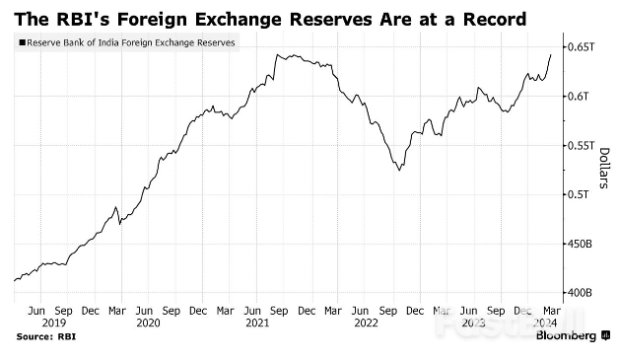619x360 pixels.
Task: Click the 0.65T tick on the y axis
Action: (577, 46)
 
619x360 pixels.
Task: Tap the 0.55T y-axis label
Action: (577, 145)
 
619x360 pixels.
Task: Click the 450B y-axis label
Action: (578, 244)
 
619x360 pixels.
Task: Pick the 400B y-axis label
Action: (578, 293)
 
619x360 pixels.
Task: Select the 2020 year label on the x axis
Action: (148, 323)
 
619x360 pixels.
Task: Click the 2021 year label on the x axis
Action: (258, 323)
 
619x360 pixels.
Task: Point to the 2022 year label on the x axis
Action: (368, 323)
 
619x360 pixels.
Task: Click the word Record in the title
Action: (481, 18)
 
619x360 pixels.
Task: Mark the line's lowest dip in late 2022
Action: (399, 171)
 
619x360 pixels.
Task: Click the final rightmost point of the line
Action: (550, 54)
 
